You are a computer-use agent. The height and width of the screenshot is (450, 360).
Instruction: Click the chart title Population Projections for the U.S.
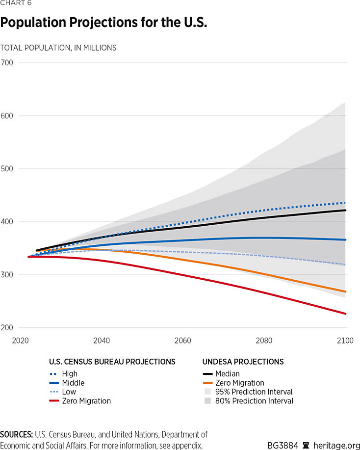tap(103, 23)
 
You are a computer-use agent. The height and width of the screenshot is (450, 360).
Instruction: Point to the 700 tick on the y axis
tap(7, 63)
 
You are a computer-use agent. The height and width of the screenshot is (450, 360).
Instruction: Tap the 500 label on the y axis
tap(7, 169)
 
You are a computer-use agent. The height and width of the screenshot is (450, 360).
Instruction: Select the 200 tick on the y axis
tap(7, 327)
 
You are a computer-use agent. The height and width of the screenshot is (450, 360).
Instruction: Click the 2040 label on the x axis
tap(102, 341)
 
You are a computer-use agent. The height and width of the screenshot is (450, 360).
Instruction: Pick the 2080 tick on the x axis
tap(264, 341)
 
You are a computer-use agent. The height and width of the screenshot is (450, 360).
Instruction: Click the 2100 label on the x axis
tap(345, 341)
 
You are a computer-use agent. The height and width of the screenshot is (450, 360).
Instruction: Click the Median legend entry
tap(227, 374)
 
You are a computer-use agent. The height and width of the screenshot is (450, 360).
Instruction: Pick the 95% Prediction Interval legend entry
tap(254, 392)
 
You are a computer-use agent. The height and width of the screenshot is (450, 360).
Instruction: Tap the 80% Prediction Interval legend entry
tap(254, 401)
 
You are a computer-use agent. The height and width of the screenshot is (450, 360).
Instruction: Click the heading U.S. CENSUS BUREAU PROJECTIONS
tap(112, 362)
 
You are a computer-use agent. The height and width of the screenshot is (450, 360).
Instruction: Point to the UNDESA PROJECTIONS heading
tap(243, 362)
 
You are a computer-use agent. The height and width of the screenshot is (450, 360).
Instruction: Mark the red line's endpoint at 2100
tap(346, 314)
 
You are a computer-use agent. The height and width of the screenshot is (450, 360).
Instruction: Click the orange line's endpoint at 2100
tap(346, 291)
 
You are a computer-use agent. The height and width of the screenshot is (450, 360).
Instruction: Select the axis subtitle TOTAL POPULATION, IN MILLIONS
tap(58, 48)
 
